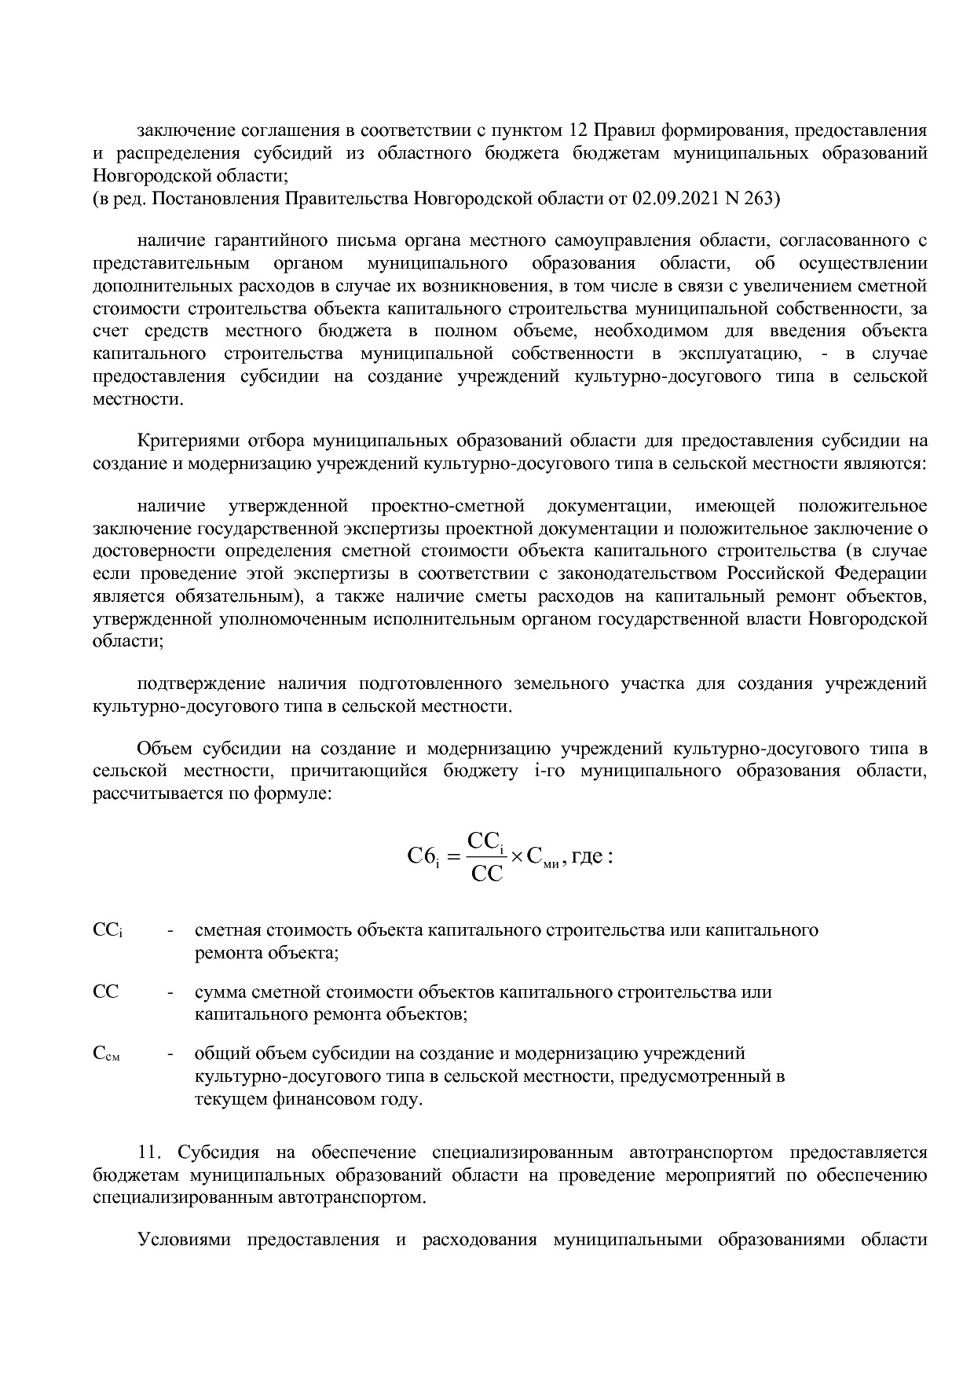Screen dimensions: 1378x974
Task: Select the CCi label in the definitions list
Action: click(108, 931)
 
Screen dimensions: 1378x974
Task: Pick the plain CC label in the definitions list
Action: click(105, 991)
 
